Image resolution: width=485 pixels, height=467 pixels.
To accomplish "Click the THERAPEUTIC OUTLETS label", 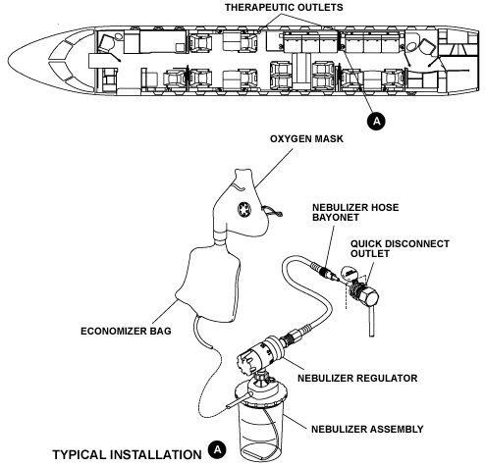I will (x=286, y=7).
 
